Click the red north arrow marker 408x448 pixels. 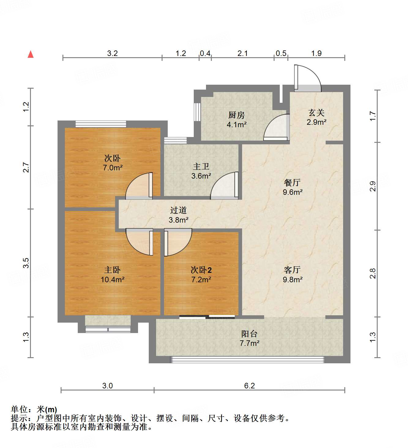pyautogui.click(x=31, y=54)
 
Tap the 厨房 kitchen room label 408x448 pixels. pyautogui.click(x=236, y=115)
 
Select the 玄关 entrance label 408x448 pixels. pyautogui.click(x=316, y=113)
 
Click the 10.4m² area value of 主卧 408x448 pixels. pyautogui.click(x=112, y=280)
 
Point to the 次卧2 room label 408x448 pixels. pyautogui.click(x=201, y=270)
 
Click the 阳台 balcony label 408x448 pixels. pyautogui.click(x=249, y=334)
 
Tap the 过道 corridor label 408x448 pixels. pyautogui.click(x=178, y=210)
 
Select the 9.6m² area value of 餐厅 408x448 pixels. pyautogui.click(x=293, y=192)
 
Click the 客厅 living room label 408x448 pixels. pyautogui.click(x=292, y=270)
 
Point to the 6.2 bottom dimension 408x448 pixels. pyautogui.click(x=249, y=386)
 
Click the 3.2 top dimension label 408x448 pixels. pyautogui.click(x=112, y=54)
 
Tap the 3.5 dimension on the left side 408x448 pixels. pyautogui.click(x=26, y=263)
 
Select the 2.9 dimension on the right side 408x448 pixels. pyautogui.click(x=372, y=186)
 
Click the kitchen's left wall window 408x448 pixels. pyautogui.click(x=197, y=112)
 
